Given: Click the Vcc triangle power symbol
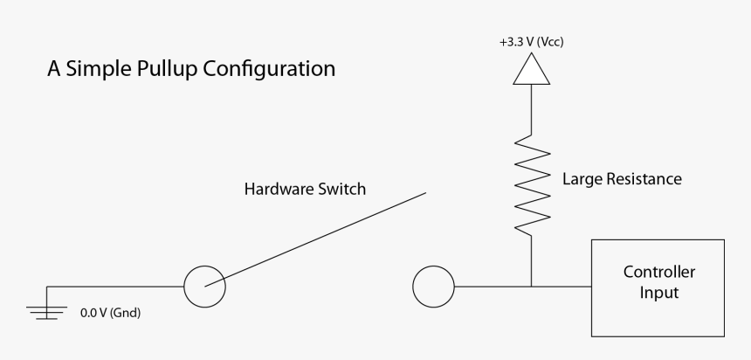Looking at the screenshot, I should point(531,71).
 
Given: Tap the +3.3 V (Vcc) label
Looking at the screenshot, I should point(531,41).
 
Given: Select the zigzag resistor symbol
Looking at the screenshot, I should point(531,183).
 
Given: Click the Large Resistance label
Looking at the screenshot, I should point(621,179).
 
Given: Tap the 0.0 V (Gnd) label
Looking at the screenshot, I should point(110,312).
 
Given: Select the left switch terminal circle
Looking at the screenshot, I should point(205,285).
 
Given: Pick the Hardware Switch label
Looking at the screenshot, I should point(304,189).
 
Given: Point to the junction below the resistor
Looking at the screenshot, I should point(531,285).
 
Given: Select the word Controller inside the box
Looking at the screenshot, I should point(658,273).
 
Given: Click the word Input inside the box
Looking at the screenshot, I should point(658,294).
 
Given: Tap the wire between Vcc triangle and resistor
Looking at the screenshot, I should point(531,109).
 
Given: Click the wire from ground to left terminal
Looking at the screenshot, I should point(114,285).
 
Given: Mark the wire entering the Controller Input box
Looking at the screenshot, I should point(563,285).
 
